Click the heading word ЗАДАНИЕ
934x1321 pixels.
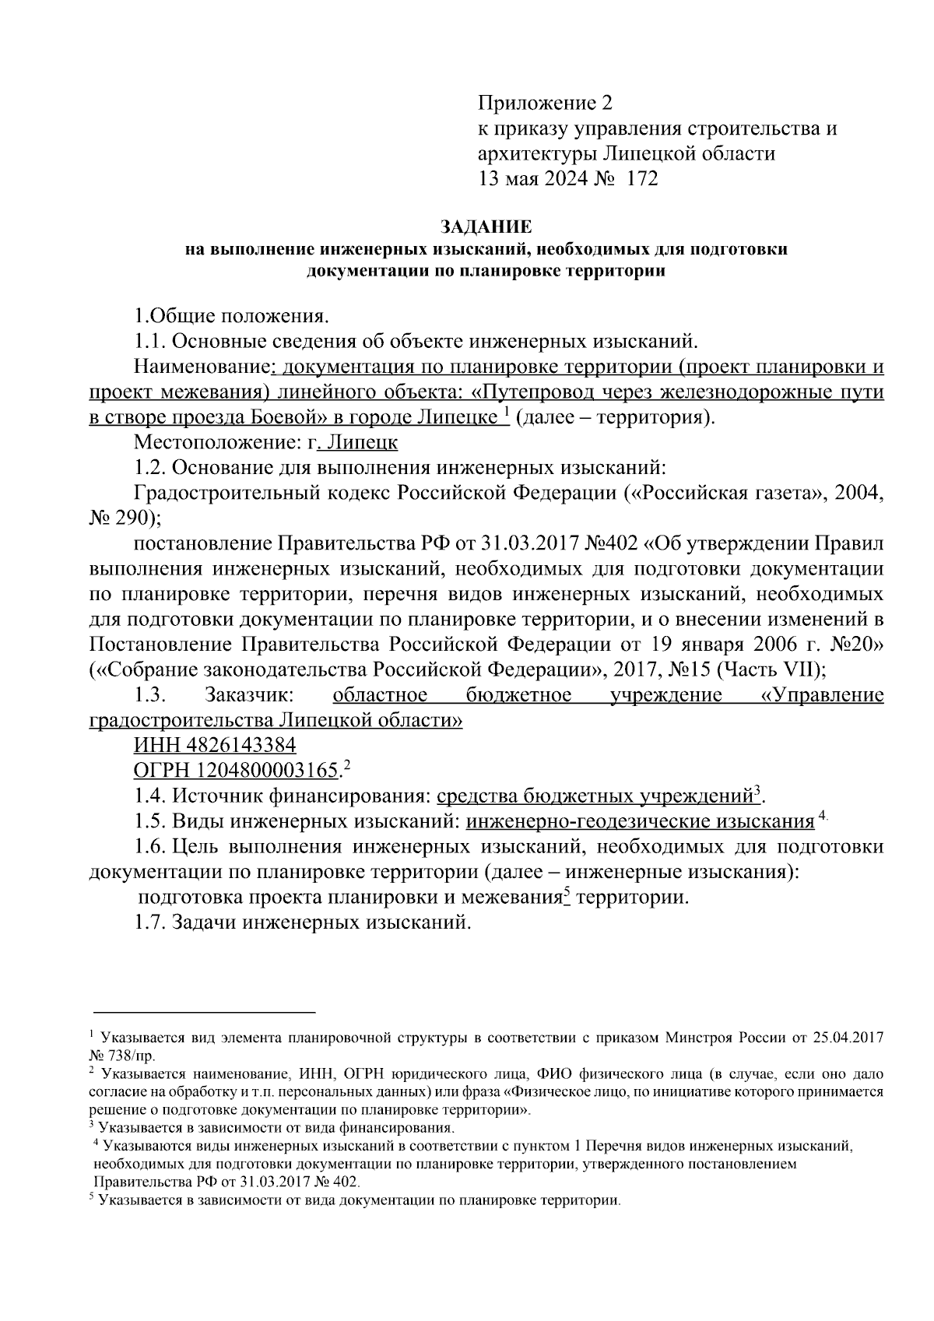click(x=486, y=227)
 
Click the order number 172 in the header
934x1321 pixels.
click(x=641, y=179)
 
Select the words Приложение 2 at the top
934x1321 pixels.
click(x=545, y=103)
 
